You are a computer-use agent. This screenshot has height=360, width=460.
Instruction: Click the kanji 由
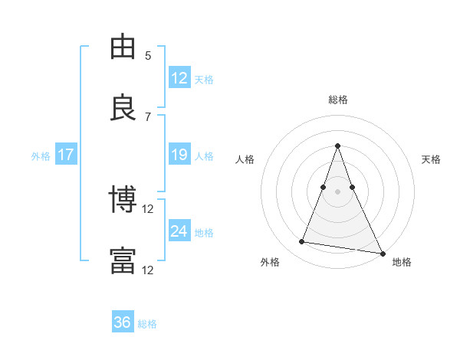pyautogui.click(x=123, y=47)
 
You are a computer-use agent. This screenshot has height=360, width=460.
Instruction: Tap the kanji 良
pyautogui.click(x=123, y=107)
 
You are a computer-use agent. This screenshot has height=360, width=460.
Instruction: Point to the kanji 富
pyautogui.click(x=123, y=260)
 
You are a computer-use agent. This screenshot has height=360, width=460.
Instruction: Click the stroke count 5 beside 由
pyautogui.click(x=148, y=56)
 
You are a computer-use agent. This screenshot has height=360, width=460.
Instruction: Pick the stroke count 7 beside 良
pyautogui.click(x=148, y=116)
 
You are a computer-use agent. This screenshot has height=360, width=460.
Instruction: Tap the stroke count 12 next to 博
pyautogui.click(x=148, y=208)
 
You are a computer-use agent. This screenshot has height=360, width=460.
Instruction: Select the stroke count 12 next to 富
pyautogui.click(x=148, y=270)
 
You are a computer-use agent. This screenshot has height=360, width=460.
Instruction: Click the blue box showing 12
pyautogui.click(x=179, y=77)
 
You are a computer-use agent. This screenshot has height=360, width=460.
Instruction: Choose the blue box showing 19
pyautogui.click(x=179, y=155)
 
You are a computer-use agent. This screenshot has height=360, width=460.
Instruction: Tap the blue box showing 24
pyautogui.click(x=179, y=231)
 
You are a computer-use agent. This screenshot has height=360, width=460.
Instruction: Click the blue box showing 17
pyautogui.click(x=66, y=155)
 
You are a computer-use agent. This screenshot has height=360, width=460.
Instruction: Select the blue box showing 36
pyautogui.click(x=123, y=322)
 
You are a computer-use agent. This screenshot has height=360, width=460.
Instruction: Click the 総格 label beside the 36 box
pyautogui.click(x=147, y=324)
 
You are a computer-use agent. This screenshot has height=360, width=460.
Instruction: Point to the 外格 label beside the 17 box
pyautogui.click(x=41, y=156)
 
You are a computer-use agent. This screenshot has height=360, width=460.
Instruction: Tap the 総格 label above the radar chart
pyautogui.click(x=338, y=100)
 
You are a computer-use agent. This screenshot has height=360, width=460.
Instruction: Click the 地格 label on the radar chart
pyautogui.click(x=402, y=262)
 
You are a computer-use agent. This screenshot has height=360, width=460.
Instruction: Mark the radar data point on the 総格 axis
pyautogui.click(x=337, y=146)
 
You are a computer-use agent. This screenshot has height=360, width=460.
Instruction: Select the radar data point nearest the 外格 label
pyautogui.click(x=301, y=242)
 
